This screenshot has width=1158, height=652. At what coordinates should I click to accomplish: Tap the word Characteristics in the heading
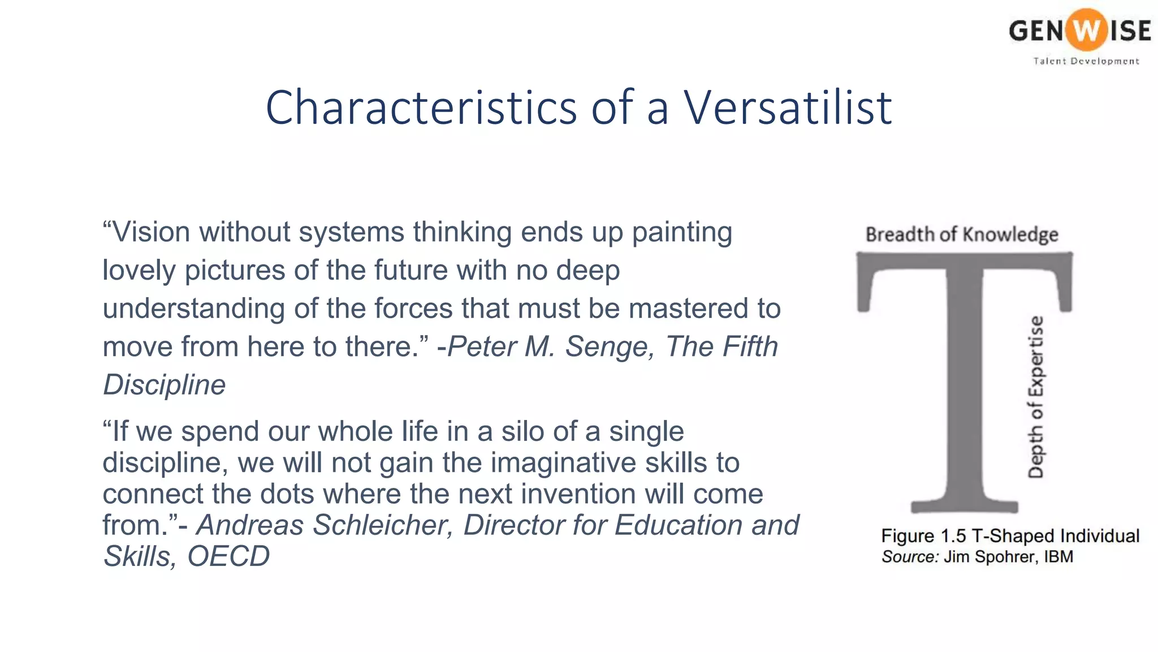click(x=421, y=108)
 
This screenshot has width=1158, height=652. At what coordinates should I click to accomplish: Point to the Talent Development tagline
click(x=1086, y=61)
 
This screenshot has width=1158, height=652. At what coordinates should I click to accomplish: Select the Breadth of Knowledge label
click(x=962, y=234)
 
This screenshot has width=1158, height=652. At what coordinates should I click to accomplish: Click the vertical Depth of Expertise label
click(x=1035, y=397)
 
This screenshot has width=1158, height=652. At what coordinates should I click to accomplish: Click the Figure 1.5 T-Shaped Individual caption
click(x=1010, y=535)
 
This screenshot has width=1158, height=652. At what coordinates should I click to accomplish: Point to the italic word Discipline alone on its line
click(x=164, y=385)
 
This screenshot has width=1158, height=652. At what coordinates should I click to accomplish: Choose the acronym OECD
click(x=228, y=556)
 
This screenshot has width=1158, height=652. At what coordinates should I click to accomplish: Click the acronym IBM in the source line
click(x=1058, y=556)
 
